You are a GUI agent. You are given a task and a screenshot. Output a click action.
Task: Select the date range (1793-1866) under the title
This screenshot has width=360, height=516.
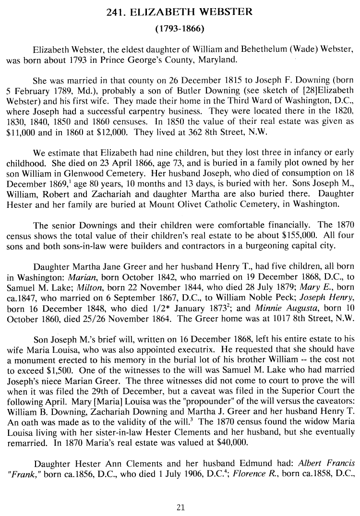[180, 29]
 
